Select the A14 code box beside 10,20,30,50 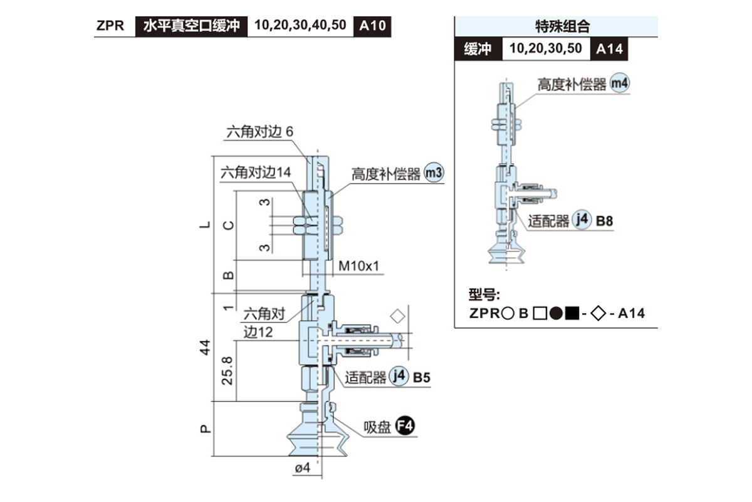tap(609, 49)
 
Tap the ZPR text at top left tap(110, 26)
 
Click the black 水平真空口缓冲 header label tap(191, 26)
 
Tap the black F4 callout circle tap(405, 427)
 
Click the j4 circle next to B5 tap(398, 376)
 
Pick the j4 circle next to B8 tap(582, 220)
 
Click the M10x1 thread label tap(359, 266)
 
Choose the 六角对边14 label tap(256, 173)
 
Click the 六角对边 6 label tap(259, 132)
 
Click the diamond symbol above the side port tap(397, 315)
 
